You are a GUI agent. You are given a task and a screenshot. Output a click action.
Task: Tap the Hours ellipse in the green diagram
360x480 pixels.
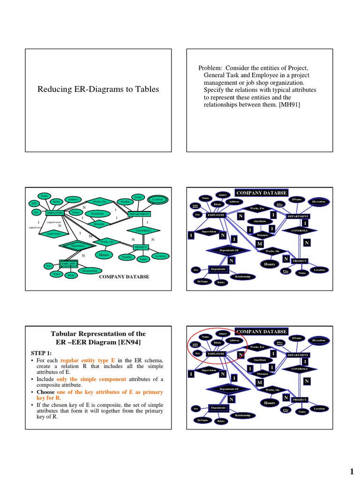104,255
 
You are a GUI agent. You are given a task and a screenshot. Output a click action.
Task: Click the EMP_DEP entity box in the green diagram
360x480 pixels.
67,263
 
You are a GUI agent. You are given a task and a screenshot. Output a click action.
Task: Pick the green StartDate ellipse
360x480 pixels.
97,213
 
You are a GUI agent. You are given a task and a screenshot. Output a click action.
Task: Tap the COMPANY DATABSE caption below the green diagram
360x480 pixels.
124,277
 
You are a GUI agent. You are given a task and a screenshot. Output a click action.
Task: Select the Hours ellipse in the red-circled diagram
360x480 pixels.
269,403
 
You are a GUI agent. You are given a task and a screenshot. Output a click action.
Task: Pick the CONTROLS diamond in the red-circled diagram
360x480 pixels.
299,369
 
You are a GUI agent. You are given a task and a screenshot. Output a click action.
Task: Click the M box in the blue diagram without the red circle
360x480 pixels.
259,244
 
